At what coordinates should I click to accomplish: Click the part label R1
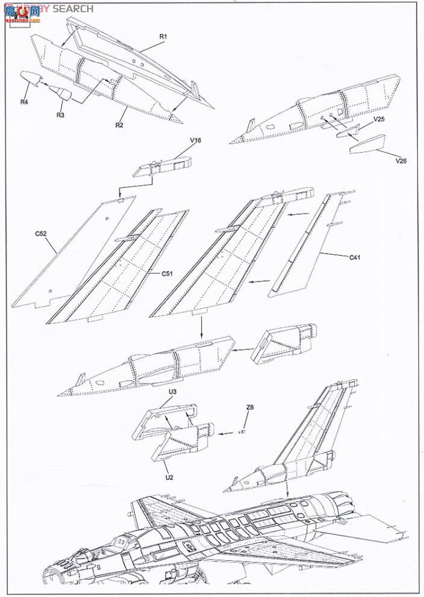163,37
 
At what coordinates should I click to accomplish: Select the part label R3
61,115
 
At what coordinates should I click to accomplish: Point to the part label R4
24,102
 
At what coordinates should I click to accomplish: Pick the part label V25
379,119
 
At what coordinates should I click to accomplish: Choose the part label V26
401,161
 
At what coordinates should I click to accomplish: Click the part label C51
167,273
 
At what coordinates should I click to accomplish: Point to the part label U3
172,392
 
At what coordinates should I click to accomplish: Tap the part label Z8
250,408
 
